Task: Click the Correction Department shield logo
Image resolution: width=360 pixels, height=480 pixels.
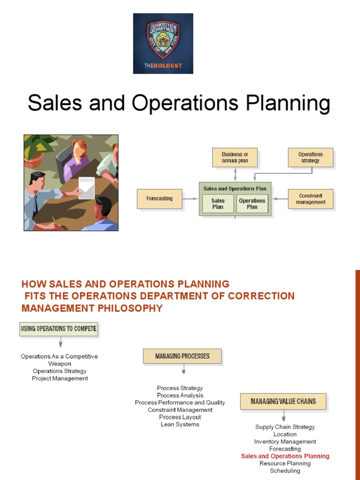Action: pyautogui.click(x=163, y=38)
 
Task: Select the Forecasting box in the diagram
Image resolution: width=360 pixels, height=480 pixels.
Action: pyautogui.click(x=159, y=199)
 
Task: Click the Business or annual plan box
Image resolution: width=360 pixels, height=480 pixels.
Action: pyautogui.click(x=235, y=157)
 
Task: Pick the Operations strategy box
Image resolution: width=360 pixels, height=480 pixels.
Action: pyautogui.click(x=310, y=157)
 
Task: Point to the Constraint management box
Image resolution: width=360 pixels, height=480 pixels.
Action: pyautogui.click(x=310, y=199)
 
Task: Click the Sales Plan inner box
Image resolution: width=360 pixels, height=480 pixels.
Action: pyautogui.click(x=218, y=203)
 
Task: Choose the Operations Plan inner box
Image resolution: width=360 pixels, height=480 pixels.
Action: pyautogui.click(x=252, y=203)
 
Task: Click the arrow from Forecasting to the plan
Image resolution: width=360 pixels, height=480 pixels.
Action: pyautogui.click(x=190, y=199)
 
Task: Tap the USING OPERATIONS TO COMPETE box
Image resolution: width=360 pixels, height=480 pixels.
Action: pyautogui.click(x=59, y=329)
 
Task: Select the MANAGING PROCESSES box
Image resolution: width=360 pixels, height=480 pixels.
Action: pyautogui.click(x=182, y=356)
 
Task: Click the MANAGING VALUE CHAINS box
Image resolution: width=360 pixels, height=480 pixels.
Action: pyautogui.click(x=283, y=401)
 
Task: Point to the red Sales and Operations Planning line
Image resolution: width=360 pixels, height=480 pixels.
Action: pyautogui.click(x=285, y=456)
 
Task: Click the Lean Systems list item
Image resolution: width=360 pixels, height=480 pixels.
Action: pyautogui.click(x=180, y=424)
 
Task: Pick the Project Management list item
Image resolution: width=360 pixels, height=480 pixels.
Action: pyautogui.click(x=60, y=378)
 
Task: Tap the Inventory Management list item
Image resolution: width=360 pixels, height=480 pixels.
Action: pyautogui.click(x=285, y=442)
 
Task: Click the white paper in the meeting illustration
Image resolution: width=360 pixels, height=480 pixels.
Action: pyautogui.click(x=87, y=187)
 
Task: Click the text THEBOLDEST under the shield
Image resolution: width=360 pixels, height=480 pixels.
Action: pyautogui.click(x=163, y=66)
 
